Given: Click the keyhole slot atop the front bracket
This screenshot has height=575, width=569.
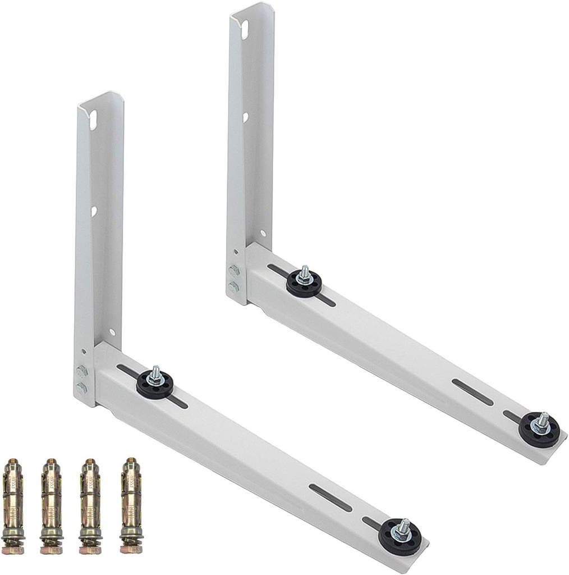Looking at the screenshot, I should [x=93, y=120].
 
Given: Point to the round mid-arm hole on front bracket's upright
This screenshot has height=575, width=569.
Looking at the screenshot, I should [x=94, y=211].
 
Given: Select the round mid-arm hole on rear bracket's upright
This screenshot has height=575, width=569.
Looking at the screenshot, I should [x=245, y=117].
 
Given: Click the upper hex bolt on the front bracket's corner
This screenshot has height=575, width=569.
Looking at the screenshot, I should [x=82, y=371].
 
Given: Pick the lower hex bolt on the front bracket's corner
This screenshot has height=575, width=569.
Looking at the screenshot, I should [x=82, y=388].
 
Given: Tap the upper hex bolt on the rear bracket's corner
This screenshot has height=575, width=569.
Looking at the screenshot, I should [x=234, y=271].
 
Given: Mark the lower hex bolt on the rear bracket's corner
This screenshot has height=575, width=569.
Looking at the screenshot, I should [x=234, y=287].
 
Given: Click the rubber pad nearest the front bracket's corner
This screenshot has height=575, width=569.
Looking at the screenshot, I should [x=155, y=384].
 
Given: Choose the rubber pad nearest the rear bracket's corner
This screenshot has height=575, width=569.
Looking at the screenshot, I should [x=304, y=283].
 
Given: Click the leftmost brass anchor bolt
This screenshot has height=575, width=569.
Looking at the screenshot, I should [x=13, y=505].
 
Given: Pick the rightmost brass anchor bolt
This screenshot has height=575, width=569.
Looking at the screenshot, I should [x=131, y=505].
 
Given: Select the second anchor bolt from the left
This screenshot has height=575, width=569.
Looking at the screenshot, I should [x=51, y=505].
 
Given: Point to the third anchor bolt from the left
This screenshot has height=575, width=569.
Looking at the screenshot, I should [x=90, y=505].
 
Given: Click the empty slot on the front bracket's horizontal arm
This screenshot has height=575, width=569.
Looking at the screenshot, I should [x=331, y=498].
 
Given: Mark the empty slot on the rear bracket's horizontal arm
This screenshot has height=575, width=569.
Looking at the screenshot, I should [x=472, y=392].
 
